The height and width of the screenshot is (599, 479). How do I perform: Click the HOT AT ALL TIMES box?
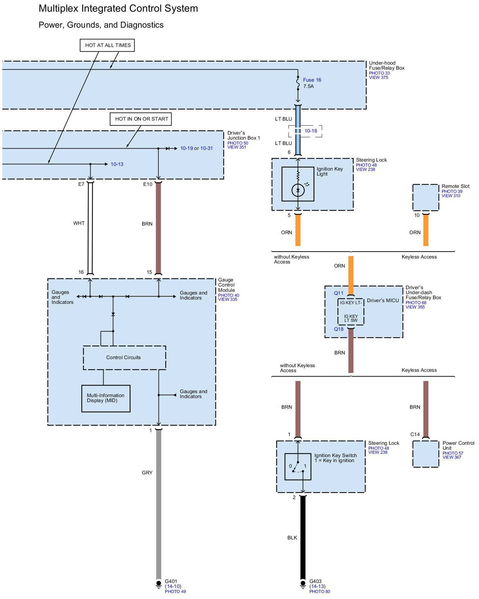pyautogui.click(x=107, y=45)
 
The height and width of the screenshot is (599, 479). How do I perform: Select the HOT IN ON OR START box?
pyautogui.click(x=141, y=119)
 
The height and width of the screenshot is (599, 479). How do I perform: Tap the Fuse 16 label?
pyautogui.click(x=312, y=80)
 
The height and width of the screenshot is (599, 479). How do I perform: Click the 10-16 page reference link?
pyautogui.click(x=311, y=131)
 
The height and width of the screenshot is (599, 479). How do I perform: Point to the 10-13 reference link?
pyautogui.click(x=117, y=164)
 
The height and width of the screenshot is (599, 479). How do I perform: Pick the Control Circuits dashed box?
pyautogui.click(x=124, y=357)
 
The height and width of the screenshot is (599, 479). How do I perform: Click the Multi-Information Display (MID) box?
pyautogui.click(x=106, y=398)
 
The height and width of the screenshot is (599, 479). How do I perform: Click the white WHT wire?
pyautogui.click(x=90, y=228)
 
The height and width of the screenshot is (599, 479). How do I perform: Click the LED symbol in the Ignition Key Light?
pyautogui.click(x=298, y=191)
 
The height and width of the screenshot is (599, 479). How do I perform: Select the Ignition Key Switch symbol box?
pyautogui.click(x=298, y=466)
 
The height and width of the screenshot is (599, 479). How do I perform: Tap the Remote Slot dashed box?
pyautogui.click(x=426, y=198)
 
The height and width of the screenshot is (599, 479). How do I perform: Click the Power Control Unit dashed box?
pyautogui.click(x=426, y=454)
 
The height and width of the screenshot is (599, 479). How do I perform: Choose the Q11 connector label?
pyautogui.click(x=339, y=293)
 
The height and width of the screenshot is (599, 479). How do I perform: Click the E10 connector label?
pyautogui.click(x=148, y=184)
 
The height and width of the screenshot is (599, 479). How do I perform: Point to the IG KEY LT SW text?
pyautogui.click(x=351, y=318)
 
